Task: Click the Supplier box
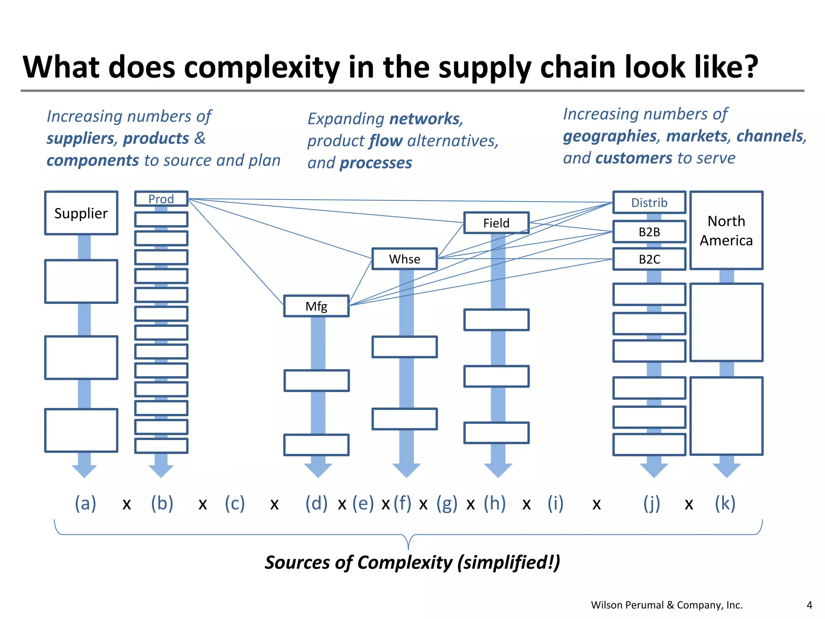pyautogui.click(x=81, y=213)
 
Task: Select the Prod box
pyautogui.click(x=161, y=199)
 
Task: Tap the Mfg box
pyautogui.click(x=316, y=306)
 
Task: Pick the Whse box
pyautogui.click(x=404, y=259)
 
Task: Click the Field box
pyautogui.click(x=496, y=223)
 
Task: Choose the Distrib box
pyautogui.click(x=649, y=202)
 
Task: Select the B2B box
pyautogui.click(x=649, y=232)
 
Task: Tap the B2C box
pyautogui.click(x=649, y=259)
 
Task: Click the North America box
pyautogui.click(x=726, y=231)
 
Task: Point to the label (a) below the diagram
pyautogui.click(x=85, y=503)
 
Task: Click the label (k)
pyautogui.click(x=725, y=503)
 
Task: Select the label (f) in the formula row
pyautogui.click(x=402, y=503)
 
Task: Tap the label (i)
pyautogui.click(x=556, y=503)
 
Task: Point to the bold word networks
pyautogui.click(x=425, y=119)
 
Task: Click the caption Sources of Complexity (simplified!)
pyautogui.click(x=412, y=562)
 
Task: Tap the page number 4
pyautogui.click(x=809, y=605)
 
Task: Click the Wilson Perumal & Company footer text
pyautogui.click(x=666, y=605)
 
